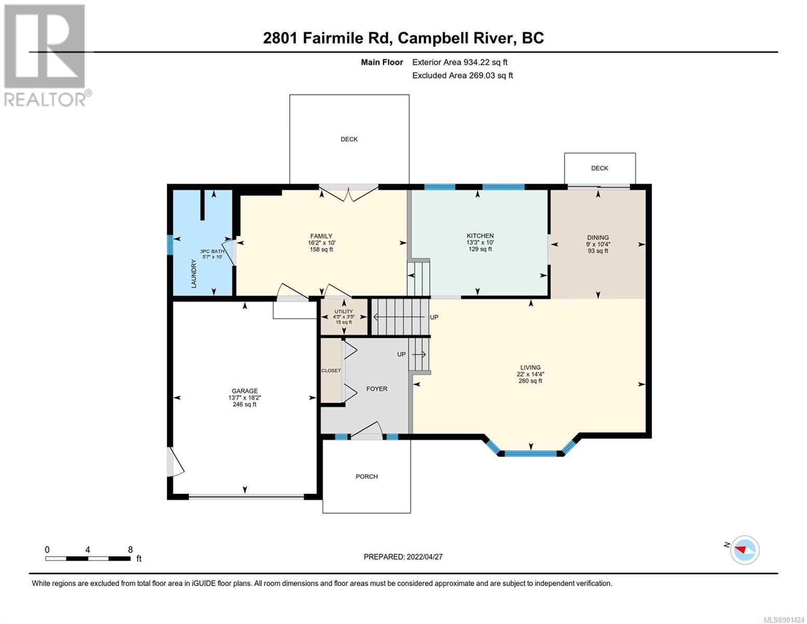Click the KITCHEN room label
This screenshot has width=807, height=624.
tap(480, 236)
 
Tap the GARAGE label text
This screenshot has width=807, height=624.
tap(244, 391)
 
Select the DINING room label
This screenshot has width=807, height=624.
tap(598, 238)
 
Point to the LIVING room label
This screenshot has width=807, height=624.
tap(530, 367)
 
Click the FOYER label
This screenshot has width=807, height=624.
tap(377, 389)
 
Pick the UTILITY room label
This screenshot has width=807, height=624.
tap(343, 311)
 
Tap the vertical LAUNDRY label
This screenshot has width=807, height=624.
tap(193, 274)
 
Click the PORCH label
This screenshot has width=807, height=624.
tap(366, 476)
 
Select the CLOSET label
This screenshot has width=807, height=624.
tap(331, 371)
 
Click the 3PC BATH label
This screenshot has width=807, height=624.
tap(212, 251)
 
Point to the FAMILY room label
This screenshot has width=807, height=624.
tap(321, 236)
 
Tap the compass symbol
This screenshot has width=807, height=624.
tap(745, 550)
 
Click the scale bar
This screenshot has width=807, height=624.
tap(88, 558)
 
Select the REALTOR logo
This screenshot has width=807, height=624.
tap(46, 56)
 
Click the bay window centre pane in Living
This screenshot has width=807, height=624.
tap(531, 453)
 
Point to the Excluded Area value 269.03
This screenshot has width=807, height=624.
tap(482, 75)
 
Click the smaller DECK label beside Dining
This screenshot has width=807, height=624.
tap(599, 168)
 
